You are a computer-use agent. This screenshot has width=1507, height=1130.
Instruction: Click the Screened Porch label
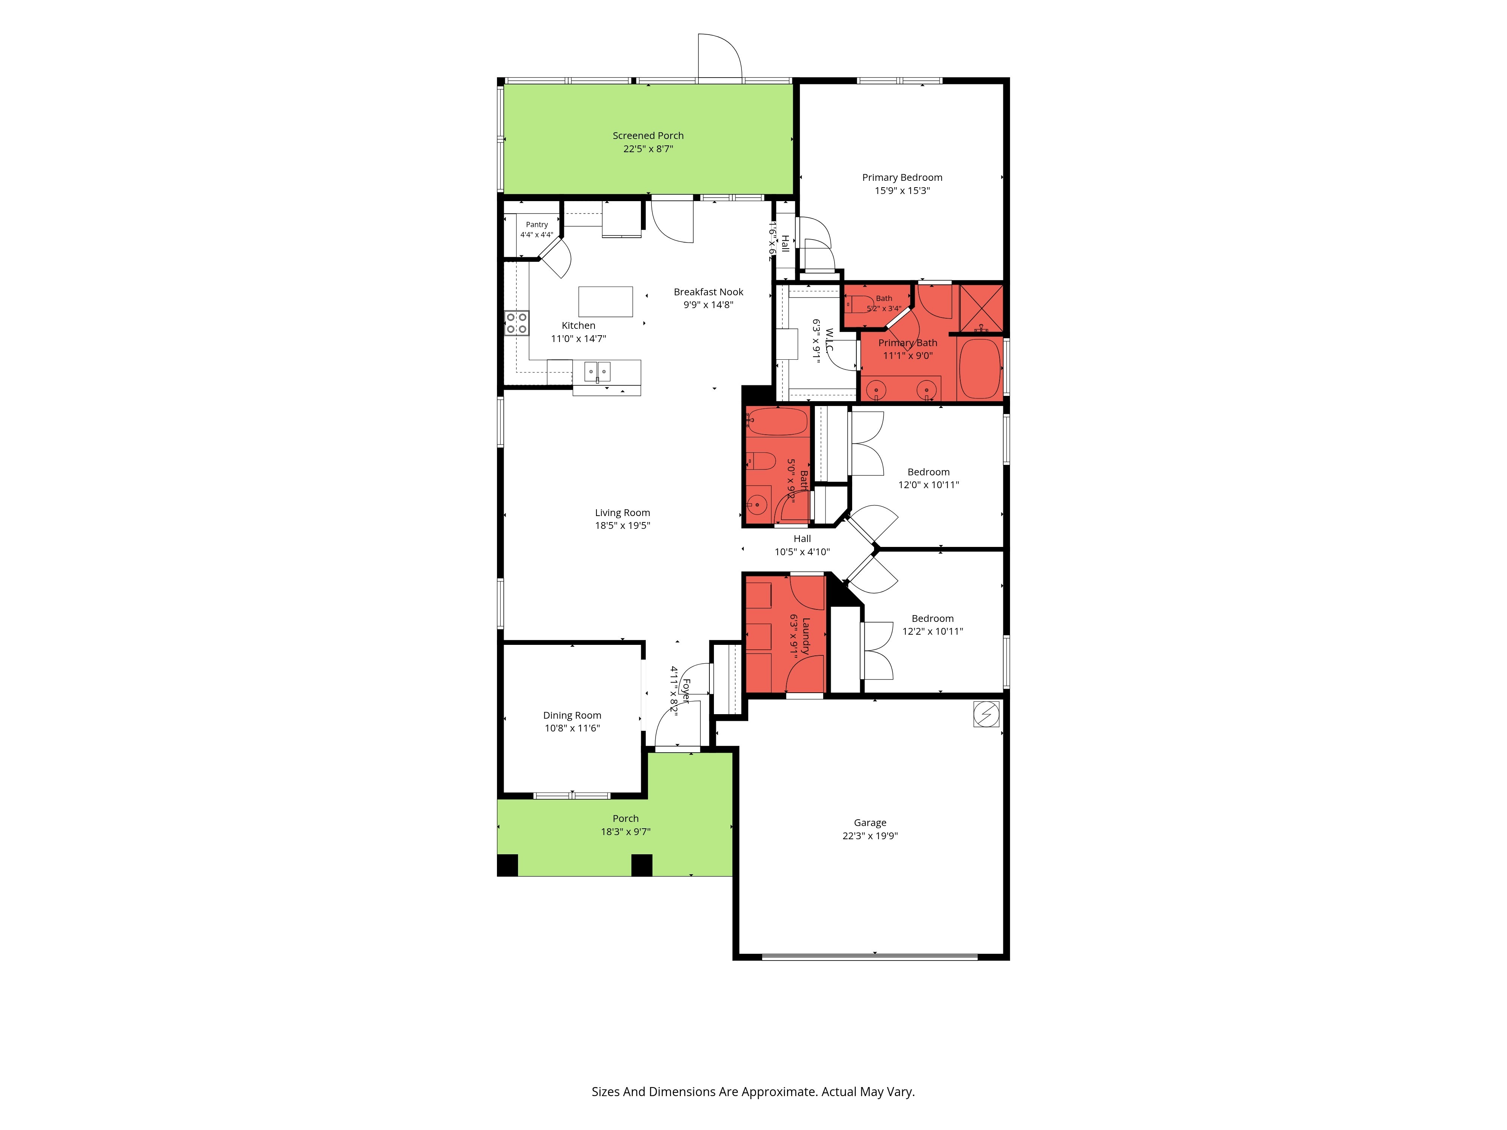point(648,136)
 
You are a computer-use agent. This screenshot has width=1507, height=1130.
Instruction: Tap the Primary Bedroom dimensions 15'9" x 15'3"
point(902,191)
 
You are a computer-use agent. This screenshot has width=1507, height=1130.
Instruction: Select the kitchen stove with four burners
point(517,323)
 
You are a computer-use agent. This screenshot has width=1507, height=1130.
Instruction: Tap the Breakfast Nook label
point(709,292)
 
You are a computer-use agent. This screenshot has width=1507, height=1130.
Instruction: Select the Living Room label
point(623,513)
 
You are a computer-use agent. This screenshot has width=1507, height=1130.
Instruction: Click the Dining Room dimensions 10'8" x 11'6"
point(572,728)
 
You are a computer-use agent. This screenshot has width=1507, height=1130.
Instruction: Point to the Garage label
point(870,823)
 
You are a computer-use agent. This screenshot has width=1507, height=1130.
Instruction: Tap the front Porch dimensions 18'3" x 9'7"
point(625,832)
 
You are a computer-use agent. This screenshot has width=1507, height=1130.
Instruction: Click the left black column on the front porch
point(507,865)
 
